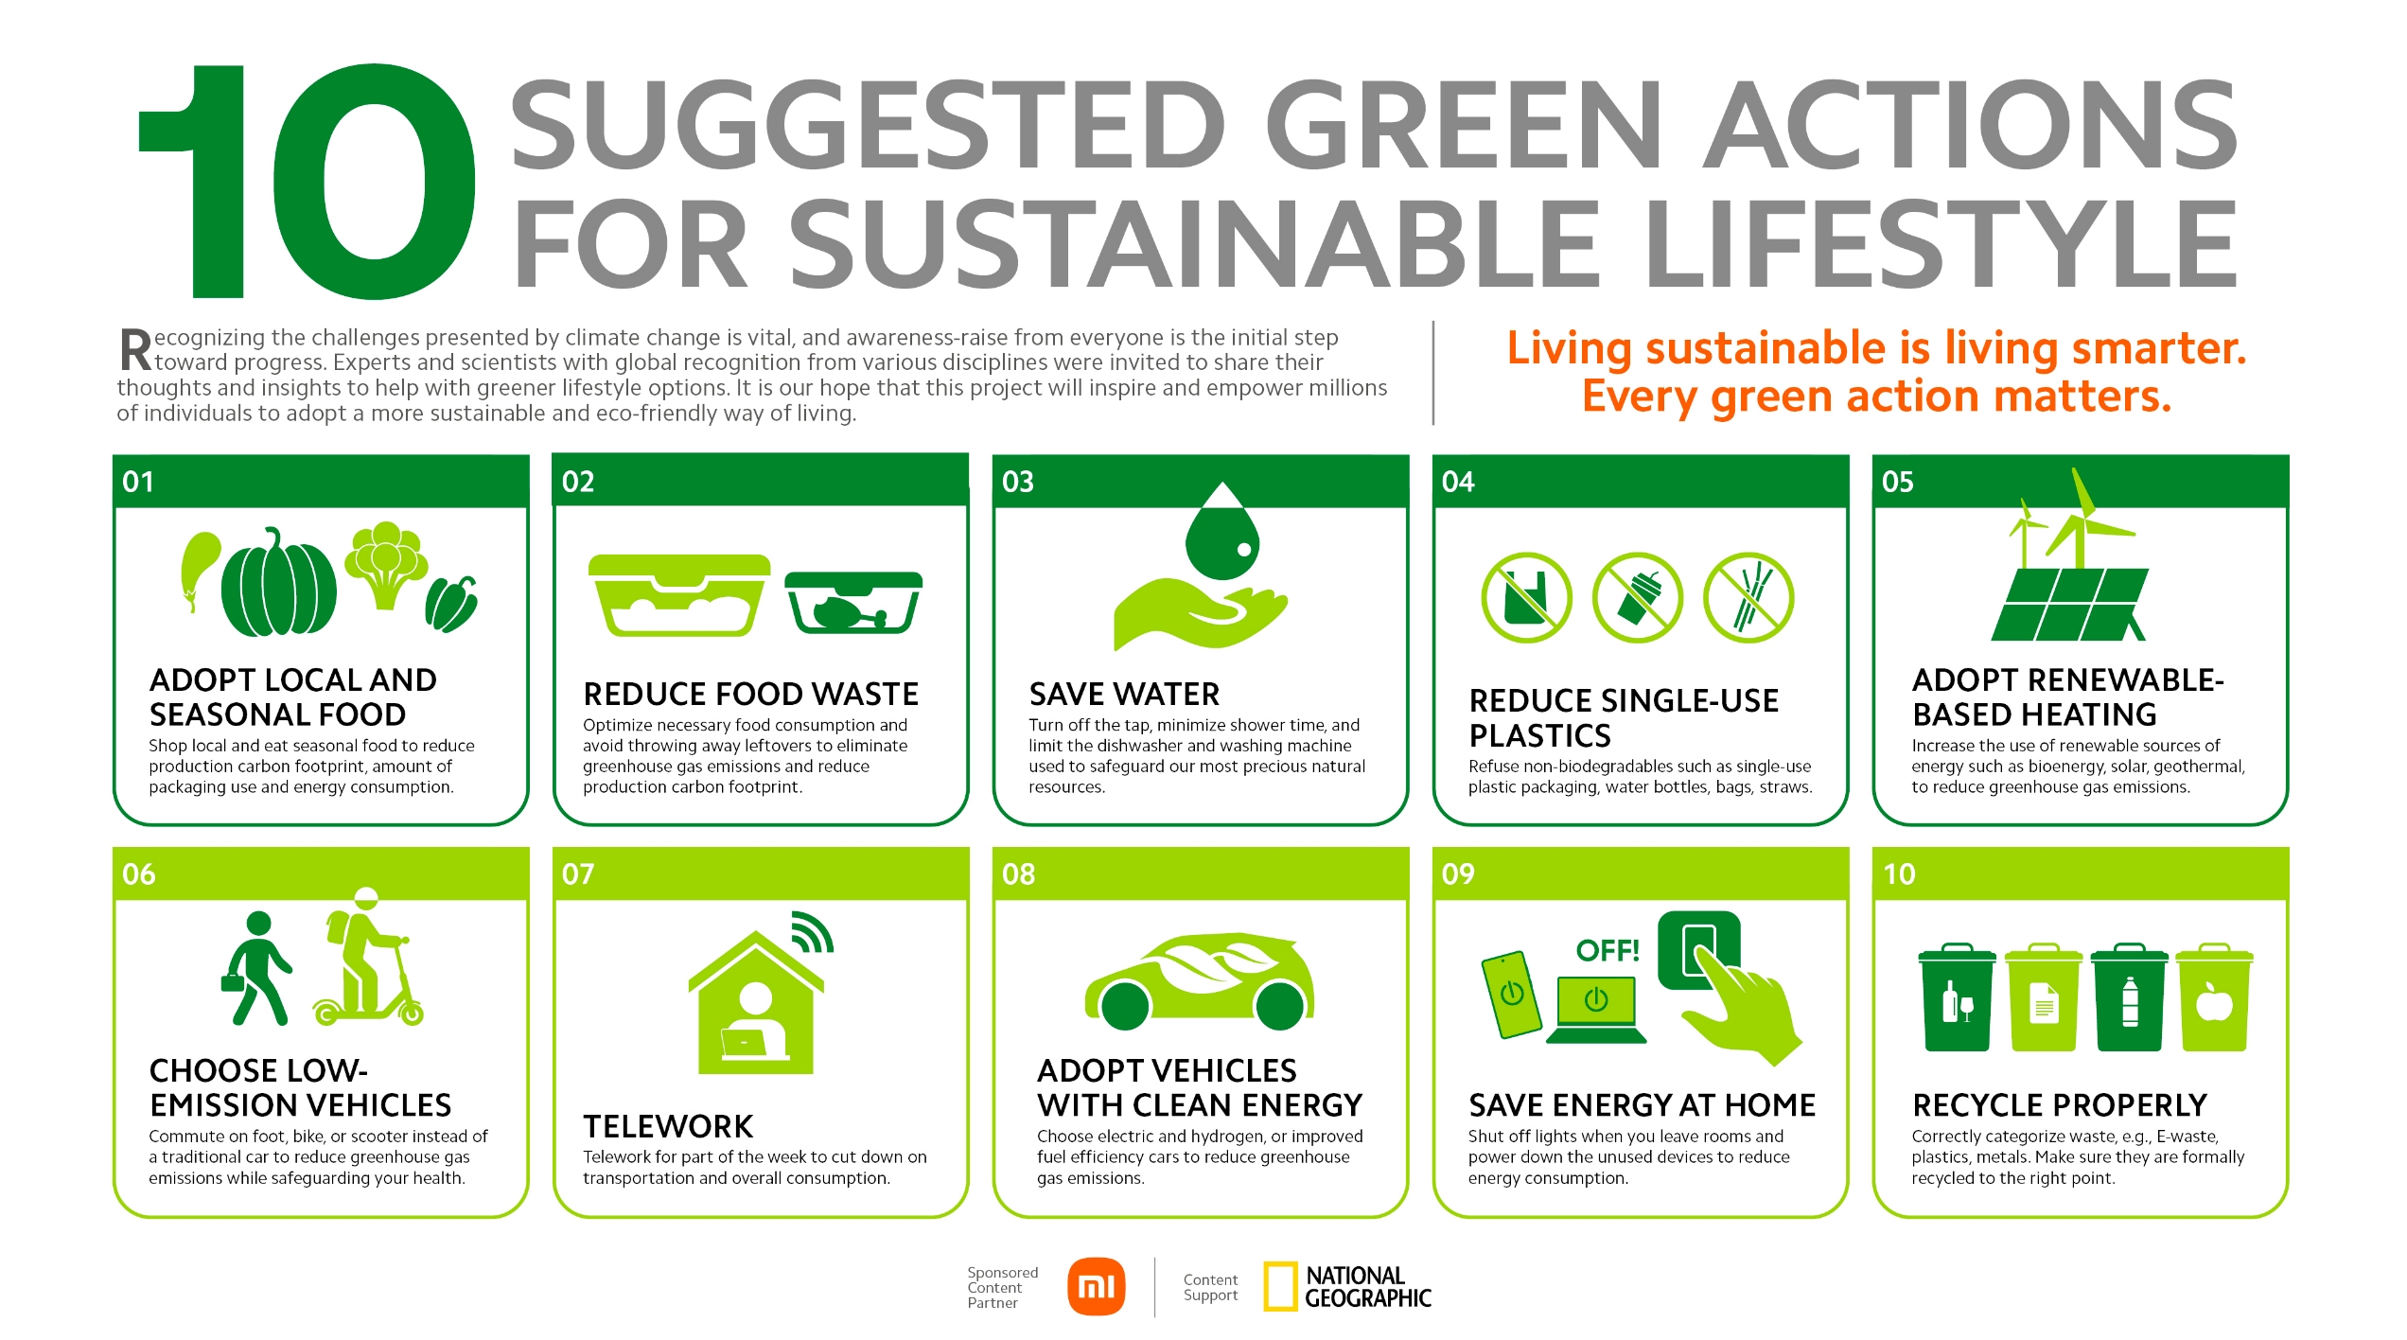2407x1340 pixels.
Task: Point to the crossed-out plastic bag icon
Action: coord(1526,598)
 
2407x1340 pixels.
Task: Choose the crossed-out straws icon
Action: coord(1748,598)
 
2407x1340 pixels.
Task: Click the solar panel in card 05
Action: coord(2070,605)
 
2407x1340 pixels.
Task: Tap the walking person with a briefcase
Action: coord(255,968)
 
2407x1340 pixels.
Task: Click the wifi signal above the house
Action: coord(812,932)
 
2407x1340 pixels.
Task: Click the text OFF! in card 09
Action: coord(1608,950)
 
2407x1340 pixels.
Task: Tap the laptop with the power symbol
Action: coord(1596,1011)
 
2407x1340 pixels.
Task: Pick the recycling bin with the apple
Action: coord(2214,997)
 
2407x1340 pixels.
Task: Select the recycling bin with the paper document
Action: coord(2044,997)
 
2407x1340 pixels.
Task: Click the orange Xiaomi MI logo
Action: coord(1097,1287)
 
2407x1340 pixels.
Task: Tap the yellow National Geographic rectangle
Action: coord(1280,1287)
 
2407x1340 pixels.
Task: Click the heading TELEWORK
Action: coord(668,1126)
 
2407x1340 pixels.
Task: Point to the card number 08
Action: coord(1018,873)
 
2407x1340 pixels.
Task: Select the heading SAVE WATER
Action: coord(1124,695)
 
